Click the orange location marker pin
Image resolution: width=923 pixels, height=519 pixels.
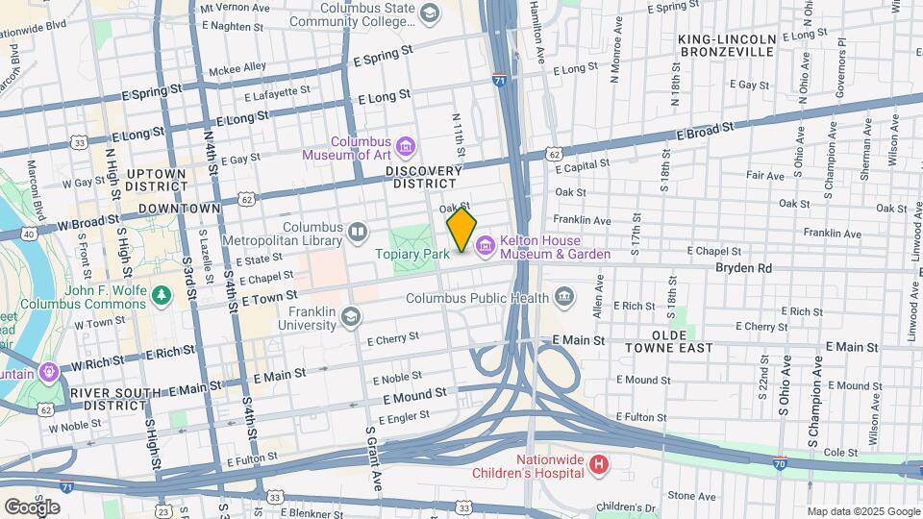pos(461,229)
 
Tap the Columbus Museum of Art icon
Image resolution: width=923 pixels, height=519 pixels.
pos(406,146)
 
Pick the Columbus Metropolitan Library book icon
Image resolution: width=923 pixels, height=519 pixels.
pos(358,232)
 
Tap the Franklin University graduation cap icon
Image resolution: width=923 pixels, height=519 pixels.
pos(352,315)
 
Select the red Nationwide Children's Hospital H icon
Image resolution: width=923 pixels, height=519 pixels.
pos(599,465)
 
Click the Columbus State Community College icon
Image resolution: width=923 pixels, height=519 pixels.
pos(429,12)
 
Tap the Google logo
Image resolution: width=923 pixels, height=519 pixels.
pos(32,507)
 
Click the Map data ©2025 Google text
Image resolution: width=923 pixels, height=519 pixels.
pos(862,511)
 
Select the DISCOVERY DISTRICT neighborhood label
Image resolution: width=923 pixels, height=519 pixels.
pos(422,177)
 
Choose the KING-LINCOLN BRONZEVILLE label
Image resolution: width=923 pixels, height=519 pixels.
pos(726,45)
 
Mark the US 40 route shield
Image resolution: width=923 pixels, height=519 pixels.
pos(31,234)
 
